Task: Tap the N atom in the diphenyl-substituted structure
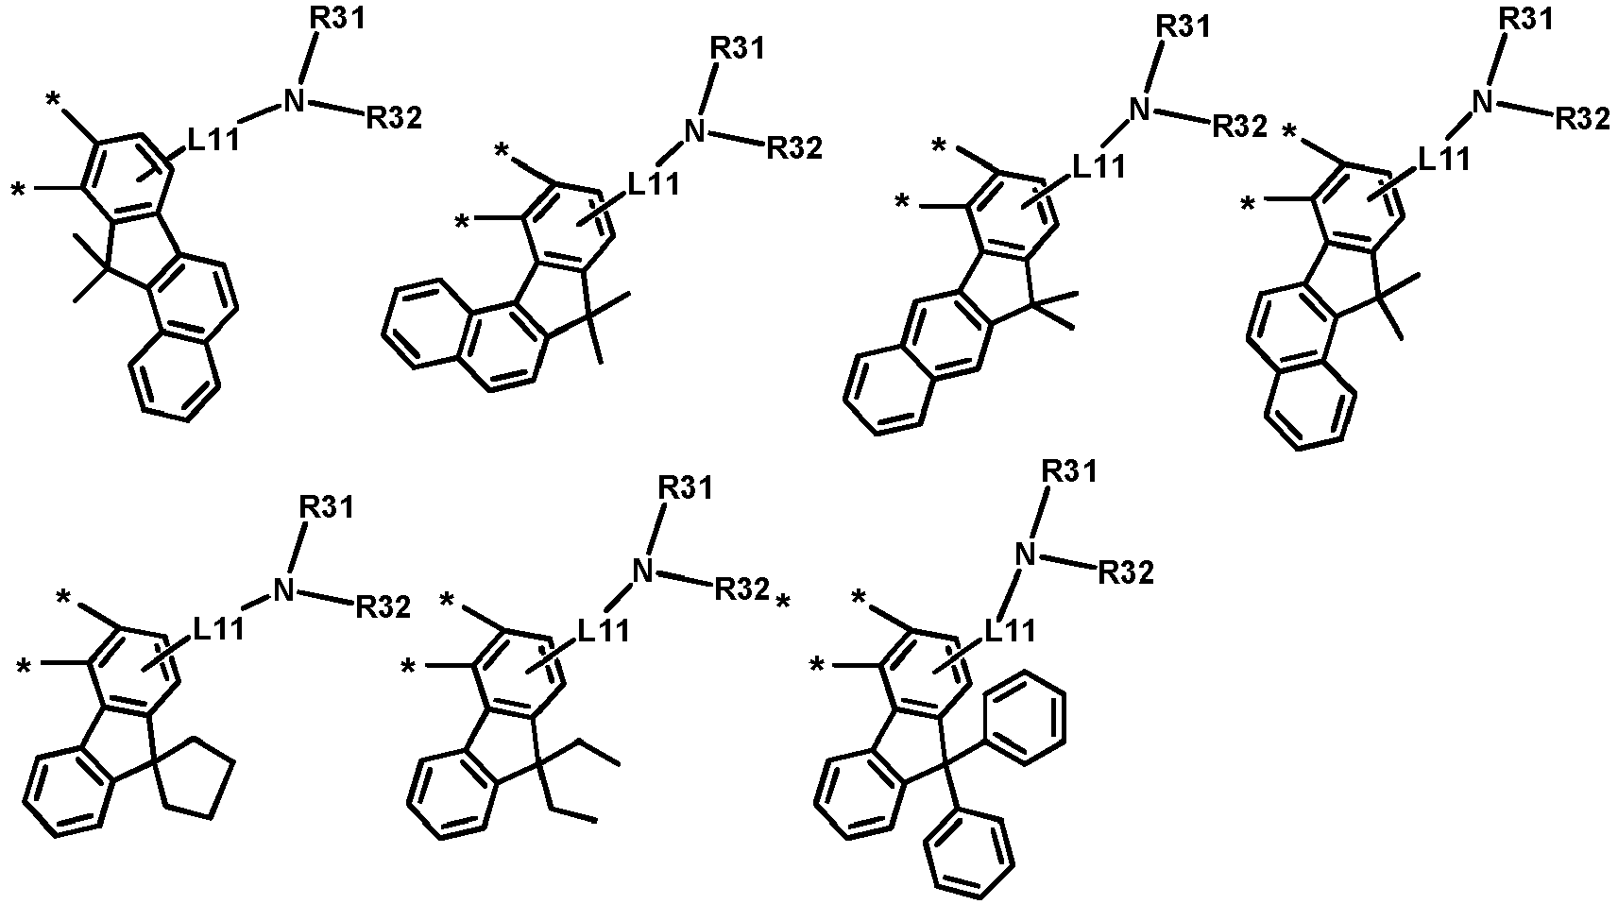pyautogui.click(x=1026, y=555)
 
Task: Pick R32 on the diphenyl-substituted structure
pyautogui.click(x=1125, y=573)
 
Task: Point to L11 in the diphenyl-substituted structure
pyautogui.click(x=1010, y=631)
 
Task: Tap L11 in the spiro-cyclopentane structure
pyautogui.click(x=217, y=630)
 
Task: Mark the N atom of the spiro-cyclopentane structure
pyautogui.click(x=284, y=591)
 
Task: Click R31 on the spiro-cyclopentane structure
pyautogui.click(x=327, y=507)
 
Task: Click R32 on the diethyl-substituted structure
pyautogui.click(x=741, y=589)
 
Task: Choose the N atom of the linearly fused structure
pyautogui.click(x=1139, y=110)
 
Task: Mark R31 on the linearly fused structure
pyautogui.click(x=1183, y=26)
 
